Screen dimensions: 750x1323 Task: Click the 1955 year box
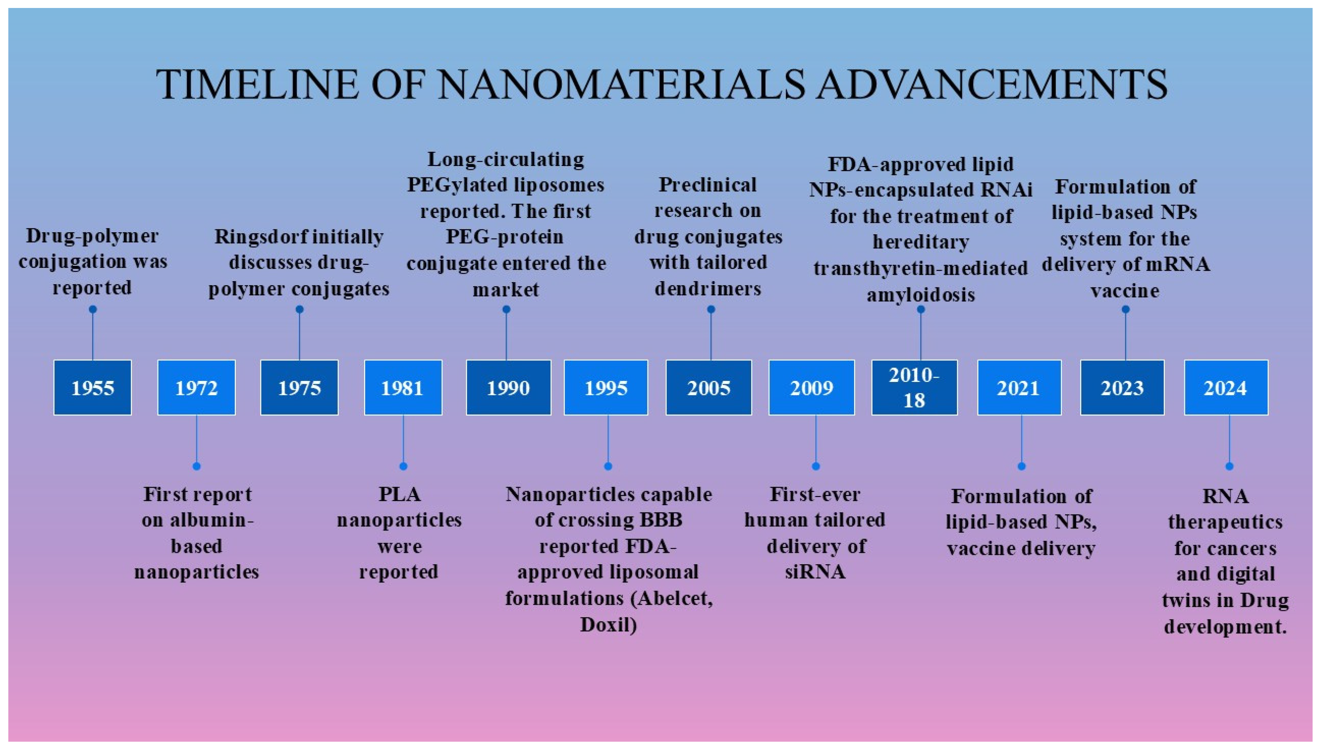[x=93, y=387]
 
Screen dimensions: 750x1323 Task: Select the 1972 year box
[x=196, y=387]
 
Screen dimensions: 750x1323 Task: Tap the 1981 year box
[x=403, y=387]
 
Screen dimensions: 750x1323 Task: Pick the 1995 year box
[x=606, y=387]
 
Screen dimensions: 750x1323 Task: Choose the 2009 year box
[x=812, y=387]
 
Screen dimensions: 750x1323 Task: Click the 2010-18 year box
[x=914, y=387]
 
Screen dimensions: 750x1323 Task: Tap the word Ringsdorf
[x=251, y=237]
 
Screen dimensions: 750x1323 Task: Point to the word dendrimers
[x=708, y=288]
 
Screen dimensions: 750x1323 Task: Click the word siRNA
[x=815, y=572]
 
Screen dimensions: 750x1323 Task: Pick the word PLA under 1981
[x=400, y=495]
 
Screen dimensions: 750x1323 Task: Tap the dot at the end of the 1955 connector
[x=93, y=309]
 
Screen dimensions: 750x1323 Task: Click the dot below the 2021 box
[x=1022, y=466]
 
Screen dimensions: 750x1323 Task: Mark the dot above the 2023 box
[x=1126, y=309]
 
